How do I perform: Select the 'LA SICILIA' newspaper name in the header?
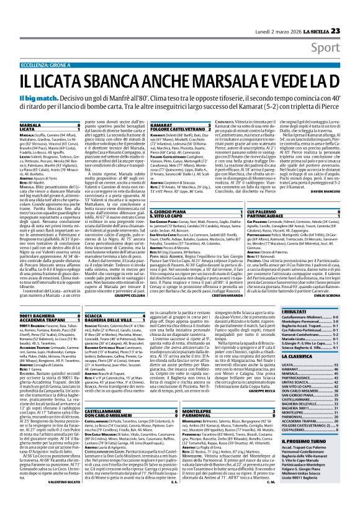(313, 13)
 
